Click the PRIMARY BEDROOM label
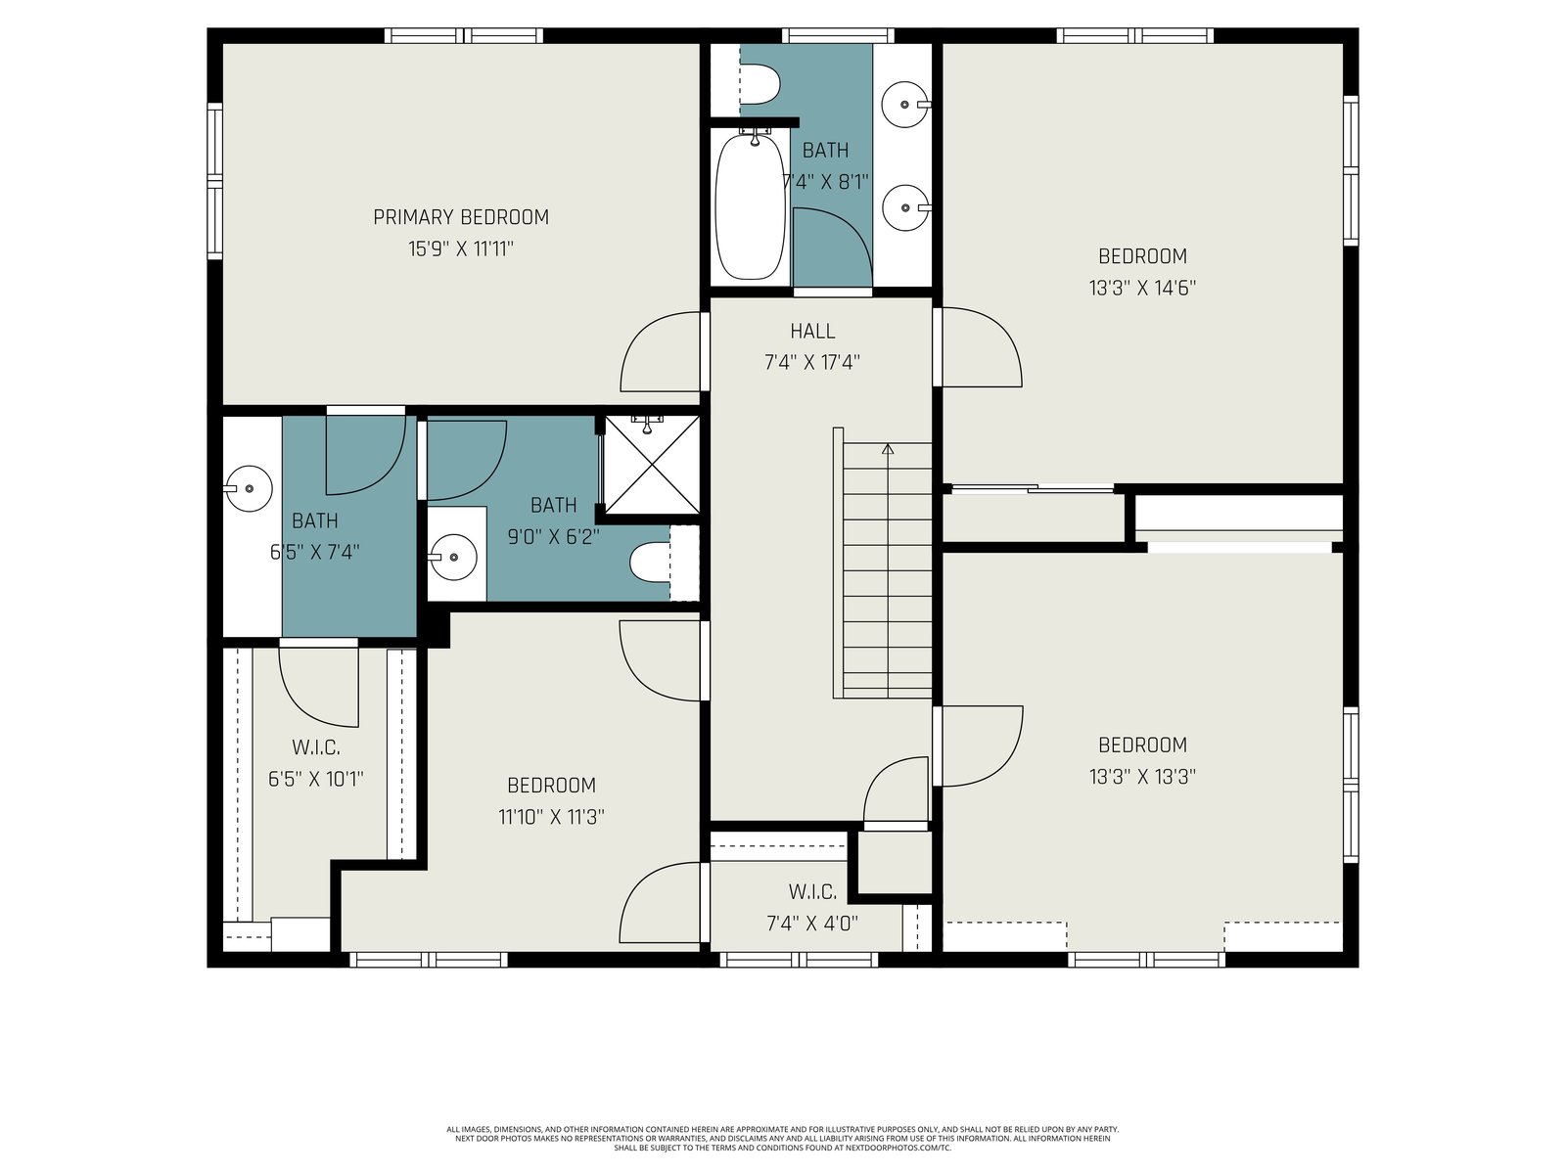461,217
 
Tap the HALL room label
812,332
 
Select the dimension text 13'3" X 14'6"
1142,288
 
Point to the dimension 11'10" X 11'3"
551,817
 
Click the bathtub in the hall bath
750,204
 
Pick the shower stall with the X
652,465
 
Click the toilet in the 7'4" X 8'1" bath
759,85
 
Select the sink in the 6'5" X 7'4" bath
249,488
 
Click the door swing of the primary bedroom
661,351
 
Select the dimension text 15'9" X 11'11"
461,249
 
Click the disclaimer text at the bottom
783,1139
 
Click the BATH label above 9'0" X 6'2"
554,506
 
